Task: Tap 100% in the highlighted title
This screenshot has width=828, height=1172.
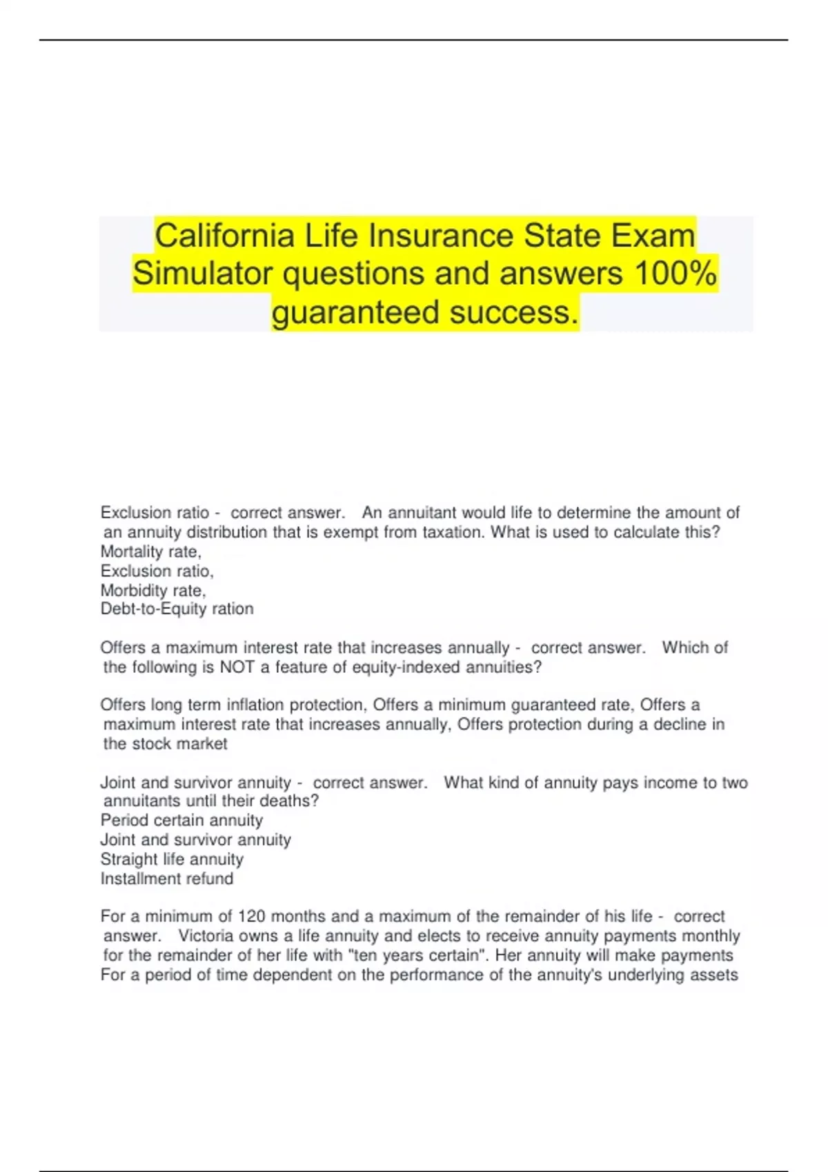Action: point(676,274)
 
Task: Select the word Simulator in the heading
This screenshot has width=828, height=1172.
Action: point(204,274)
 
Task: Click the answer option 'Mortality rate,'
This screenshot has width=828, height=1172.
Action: point(150,552)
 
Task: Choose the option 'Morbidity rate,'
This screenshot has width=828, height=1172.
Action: point(153,591)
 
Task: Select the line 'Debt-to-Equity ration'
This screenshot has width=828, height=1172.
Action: point(177,609)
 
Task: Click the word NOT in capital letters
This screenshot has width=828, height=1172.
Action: point(236,667)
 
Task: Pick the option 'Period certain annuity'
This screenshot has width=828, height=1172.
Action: point(181,820)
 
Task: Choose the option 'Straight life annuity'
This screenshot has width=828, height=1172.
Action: point(172,860)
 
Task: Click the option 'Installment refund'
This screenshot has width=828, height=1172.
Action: point(166,879)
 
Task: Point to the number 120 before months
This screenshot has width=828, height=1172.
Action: point(252,917)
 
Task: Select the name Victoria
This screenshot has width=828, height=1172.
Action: point(206,936)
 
